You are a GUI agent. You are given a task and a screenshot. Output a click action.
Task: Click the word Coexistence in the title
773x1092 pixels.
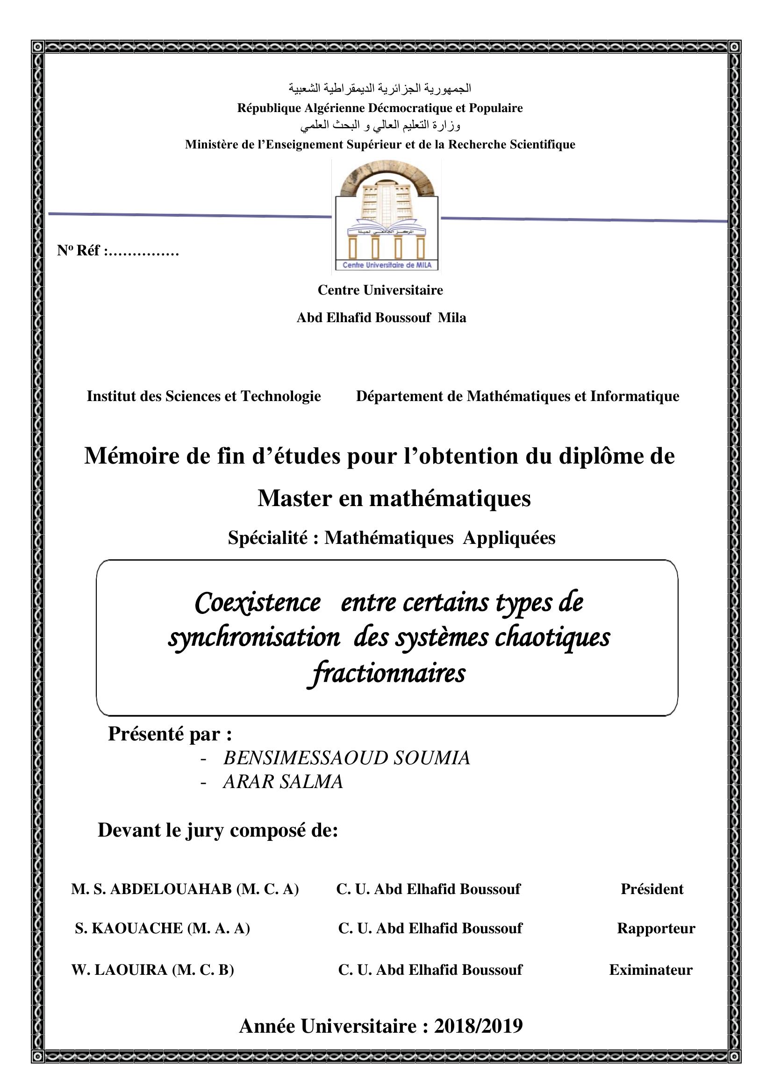coord(258,603)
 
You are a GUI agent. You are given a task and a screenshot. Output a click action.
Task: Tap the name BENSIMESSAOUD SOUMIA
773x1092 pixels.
coord(346,758)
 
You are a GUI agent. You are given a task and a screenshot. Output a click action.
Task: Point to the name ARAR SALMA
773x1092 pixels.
coord(283,782)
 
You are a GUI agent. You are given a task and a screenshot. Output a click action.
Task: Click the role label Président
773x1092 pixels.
coord(651,889)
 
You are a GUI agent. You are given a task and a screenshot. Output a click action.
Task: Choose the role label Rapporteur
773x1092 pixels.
coord(656,928)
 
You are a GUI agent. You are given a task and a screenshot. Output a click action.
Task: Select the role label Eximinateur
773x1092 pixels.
coord(651,969)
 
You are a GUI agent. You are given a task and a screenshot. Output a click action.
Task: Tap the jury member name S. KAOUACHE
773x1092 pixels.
coord(129,928)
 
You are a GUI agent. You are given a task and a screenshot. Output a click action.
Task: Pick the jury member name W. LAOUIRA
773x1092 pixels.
coord(120,969)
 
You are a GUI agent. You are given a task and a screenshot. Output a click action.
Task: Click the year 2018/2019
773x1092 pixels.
coord(479,1026)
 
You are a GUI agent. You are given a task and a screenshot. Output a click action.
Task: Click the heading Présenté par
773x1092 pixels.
coord(170,734)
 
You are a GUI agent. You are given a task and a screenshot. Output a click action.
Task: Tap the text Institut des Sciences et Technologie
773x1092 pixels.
coord(204,396)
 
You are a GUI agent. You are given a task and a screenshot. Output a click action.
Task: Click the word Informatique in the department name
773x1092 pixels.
coord(635,396)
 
